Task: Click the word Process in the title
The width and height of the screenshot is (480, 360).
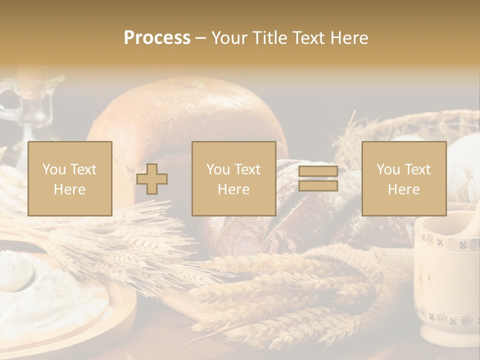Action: coord(157,38)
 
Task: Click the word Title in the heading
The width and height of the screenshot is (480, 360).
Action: coord(268,38)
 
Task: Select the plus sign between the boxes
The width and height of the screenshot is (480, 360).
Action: coord(152,179)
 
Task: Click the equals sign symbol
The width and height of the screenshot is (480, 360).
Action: coord(318,179)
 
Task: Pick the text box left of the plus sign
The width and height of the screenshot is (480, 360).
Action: coord(69,179)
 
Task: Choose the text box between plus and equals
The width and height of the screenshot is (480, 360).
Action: coord(233,179)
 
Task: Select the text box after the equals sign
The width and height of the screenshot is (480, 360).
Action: coord(403,179)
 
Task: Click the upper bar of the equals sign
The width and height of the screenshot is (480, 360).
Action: coord(318,171)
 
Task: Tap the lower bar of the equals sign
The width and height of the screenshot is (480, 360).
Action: coord(318,186)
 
